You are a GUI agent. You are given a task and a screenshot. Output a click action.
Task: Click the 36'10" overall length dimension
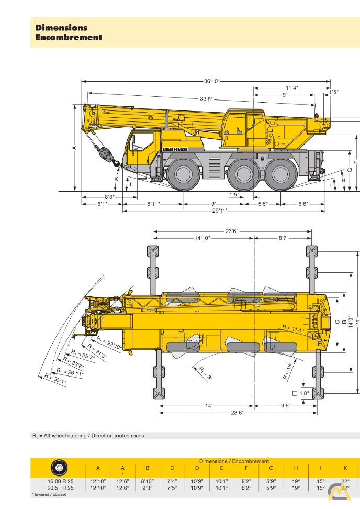coord(211,81)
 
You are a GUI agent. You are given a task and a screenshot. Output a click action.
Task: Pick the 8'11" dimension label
coord(153,203)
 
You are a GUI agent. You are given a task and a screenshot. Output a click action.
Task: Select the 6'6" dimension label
coord(303,203)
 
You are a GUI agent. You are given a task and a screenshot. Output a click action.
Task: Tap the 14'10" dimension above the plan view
coord(202,238)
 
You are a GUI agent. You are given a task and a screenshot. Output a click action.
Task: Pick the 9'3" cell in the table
coord(148,487)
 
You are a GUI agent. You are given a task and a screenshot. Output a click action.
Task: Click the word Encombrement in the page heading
coord(69,37)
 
